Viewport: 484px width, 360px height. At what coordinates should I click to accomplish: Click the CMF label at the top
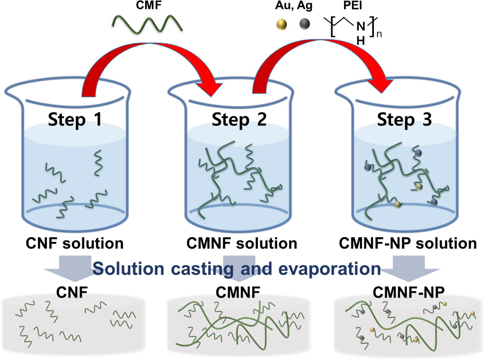[149, 5]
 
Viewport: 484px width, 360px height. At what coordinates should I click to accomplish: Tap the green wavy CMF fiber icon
[147, 24]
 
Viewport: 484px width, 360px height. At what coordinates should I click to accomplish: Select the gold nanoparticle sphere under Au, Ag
[282, 24]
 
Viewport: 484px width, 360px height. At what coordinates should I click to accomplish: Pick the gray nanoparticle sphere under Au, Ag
[305, 24]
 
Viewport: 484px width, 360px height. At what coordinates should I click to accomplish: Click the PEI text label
[352, 5]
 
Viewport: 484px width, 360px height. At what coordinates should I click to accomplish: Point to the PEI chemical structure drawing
[352, 29]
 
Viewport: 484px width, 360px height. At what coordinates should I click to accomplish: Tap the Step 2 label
[239, 119]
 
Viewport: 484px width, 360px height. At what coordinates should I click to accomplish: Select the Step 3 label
[404, 119]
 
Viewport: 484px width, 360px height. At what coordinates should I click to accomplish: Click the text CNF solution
[74, 243]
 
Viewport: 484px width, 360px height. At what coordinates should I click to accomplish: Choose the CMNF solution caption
[241, 243]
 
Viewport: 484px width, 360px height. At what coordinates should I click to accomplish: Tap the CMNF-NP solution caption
[407, 243]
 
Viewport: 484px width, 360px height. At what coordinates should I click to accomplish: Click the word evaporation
[329, 269]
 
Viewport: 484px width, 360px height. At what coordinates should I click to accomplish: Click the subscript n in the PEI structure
[379, 34]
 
